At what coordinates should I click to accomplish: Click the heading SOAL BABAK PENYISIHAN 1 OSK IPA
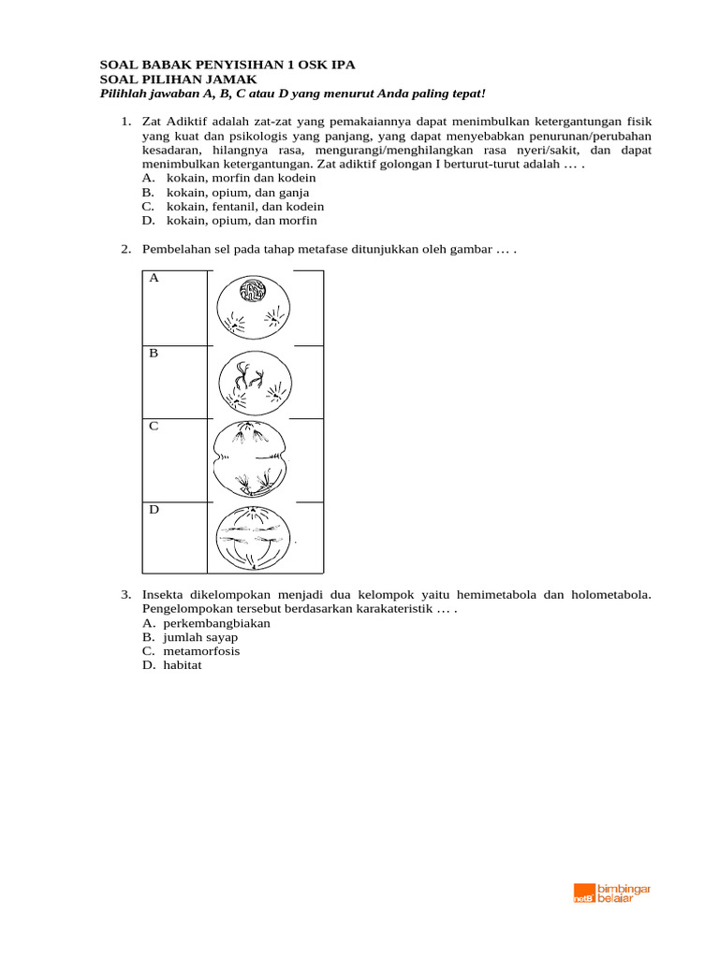227,65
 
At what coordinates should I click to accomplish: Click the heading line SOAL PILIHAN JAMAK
178,80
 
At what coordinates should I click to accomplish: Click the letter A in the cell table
154,279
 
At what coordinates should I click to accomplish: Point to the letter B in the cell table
154,354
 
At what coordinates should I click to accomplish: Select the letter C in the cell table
154,426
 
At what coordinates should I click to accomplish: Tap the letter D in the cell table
154,510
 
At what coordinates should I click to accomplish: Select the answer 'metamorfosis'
201,651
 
